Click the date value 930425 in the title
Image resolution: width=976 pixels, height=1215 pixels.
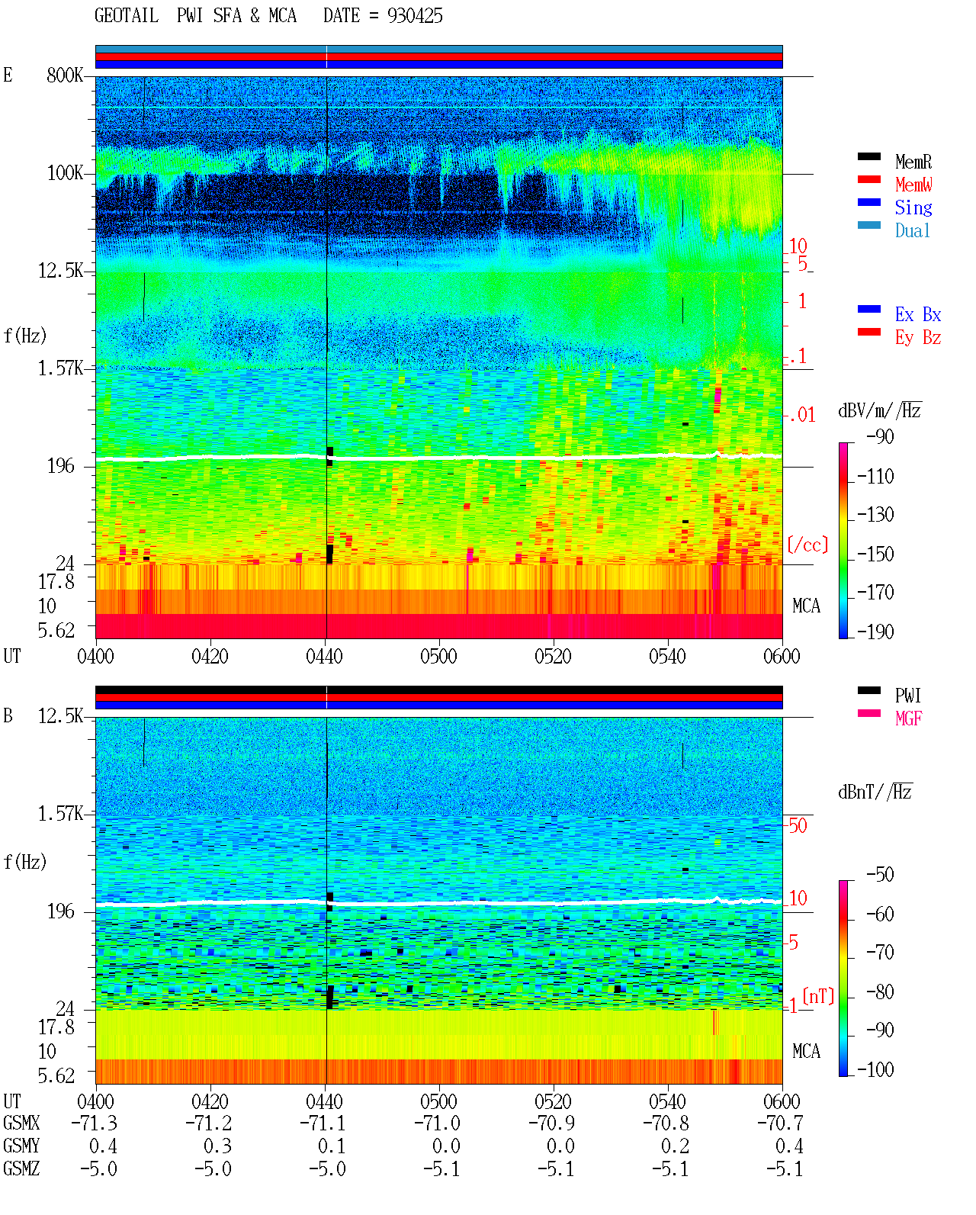414,16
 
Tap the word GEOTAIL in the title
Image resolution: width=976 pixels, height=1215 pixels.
127,16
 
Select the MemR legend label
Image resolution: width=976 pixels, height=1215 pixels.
913,162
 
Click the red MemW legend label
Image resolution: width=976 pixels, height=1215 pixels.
913,185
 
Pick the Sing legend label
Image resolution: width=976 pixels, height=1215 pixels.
913,207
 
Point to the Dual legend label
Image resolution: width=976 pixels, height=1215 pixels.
913,230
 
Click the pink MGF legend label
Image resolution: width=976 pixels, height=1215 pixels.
908,718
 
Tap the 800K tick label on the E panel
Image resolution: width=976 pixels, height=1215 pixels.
65,75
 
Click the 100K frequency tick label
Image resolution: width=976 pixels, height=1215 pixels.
65,173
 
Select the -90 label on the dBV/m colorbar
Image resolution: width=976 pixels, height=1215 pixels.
879,436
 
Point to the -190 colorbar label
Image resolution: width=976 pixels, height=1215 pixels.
875,632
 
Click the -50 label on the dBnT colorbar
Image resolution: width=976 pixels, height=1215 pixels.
879,875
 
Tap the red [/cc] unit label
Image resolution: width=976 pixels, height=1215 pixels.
807,545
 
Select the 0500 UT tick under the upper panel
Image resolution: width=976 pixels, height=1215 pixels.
438,657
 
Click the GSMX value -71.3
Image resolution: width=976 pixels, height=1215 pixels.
95,1123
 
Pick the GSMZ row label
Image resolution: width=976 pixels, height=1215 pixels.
21,1168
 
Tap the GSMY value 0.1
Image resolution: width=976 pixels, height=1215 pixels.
332,1146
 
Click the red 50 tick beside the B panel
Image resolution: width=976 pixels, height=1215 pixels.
798,826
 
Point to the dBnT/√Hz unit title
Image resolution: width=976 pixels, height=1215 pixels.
875,792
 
